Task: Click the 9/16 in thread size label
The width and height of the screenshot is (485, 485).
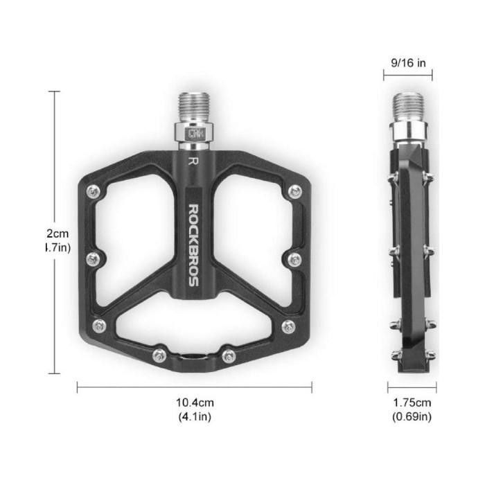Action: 408,63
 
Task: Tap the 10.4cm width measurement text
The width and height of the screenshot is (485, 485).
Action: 195,403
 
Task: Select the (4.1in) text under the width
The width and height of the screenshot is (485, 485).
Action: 195,416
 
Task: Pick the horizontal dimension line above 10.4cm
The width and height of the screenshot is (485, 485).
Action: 195,387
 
